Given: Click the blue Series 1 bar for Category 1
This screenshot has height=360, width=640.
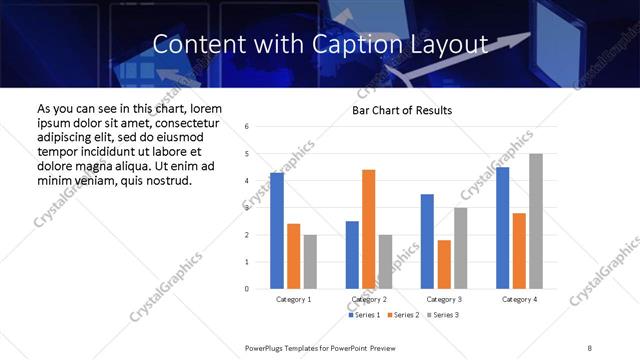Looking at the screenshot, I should (x=276, y=231).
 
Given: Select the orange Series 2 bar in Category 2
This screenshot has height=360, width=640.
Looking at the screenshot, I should (x=368, y=229).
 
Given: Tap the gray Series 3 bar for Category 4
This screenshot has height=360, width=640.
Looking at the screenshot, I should (x=536, y=221).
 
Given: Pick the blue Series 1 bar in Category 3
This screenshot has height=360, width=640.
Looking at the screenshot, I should (x=427, y=241).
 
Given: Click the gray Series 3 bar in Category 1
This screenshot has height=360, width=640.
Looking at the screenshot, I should (x=310, y=262).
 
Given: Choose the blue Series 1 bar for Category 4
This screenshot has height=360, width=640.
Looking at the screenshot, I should (x=503, y=228).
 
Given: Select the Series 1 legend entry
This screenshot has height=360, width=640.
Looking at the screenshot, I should (x=364, y=315).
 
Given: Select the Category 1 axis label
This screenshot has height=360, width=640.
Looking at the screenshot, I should (x=293, y=299).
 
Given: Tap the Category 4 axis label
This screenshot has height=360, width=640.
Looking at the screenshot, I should (x=519, y=299).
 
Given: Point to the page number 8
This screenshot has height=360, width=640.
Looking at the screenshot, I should (x=590, y=346).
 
